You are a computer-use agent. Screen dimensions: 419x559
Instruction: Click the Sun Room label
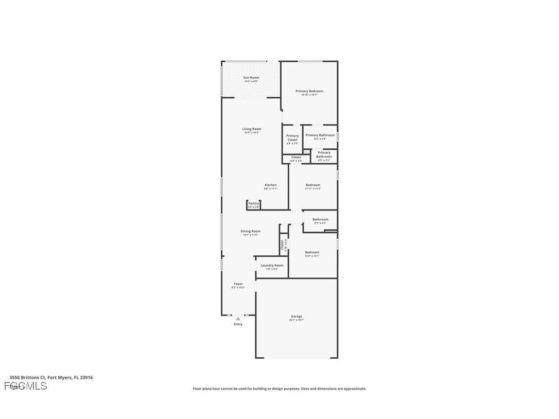click(251, 78)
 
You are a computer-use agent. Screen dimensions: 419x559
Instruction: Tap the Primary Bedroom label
click(309, 91)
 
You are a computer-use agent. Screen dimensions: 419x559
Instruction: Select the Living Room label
click(252, 129)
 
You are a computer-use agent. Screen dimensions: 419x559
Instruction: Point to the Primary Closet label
click(292, 138)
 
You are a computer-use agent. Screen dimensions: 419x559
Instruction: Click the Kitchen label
click(271, 185)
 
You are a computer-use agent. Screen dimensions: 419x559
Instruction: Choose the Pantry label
click(253, 203)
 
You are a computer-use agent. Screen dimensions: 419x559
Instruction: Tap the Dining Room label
click(251, 232)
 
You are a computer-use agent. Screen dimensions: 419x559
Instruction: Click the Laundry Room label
click(272, 266)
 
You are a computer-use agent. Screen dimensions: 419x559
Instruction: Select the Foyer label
click(238, 284)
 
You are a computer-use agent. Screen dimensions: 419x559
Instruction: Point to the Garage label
click(296, 317)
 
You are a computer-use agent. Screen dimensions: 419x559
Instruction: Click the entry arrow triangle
click(238, 319)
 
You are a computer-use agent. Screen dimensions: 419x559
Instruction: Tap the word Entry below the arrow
click(238, 324)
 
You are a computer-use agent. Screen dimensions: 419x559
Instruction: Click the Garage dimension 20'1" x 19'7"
click(296, 320)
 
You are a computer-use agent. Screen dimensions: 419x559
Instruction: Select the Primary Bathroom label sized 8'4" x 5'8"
click(320, 135)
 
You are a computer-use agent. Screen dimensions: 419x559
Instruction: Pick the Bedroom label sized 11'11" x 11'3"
click(313, 185)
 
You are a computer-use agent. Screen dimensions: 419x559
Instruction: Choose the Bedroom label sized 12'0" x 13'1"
click(312, 253)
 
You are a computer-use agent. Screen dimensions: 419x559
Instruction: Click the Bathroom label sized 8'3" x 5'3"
click(320, 220)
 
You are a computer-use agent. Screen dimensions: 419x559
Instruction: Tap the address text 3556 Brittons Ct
click(28, 377)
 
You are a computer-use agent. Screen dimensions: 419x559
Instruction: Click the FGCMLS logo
click(26, 386)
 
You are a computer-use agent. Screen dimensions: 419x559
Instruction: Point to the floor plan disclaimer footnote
click(279, 389)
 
